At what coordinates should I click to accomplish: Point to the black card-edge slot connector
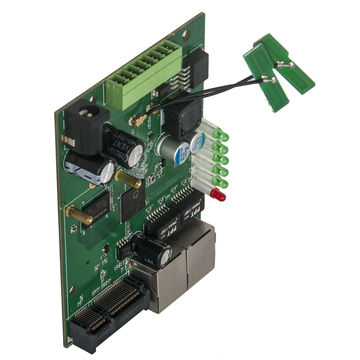(x=110, y=315)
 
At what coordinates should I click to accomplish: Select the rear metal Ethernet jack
(x=197, y=243)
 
